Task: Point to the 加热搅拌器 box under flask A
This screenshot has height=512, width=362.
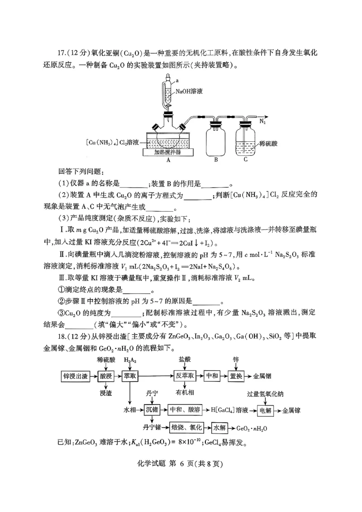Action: [168, 152]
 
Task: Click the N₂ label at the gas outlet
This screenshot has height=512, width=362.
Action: [262, 121]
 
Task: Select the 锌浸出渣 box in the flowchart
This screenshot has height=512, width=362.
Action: [76, 376]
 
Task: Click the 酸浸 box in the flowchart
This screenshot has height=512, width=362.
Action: [106, 376]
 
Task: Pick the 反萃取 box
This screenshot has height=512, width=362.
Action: [185, 376]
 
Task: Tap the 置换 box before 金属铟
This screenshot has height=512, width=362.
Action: [236, 376]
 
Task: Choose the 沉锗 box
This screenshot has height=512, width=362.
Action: [152, 410]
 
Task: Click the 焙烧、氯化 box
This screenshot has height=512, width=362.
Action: [186, 427]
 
